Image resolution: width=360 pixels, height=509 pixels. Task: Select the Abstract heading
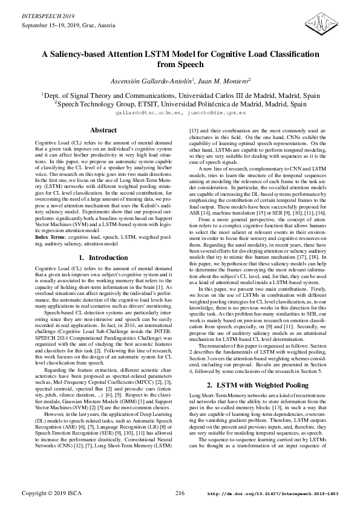tap(103, 130)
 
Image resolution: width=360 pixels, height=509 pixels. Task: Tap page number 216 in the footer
tap(180, 493)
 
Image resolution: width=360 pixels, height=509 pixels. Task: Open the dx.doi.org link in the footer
tap(272, 494)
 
